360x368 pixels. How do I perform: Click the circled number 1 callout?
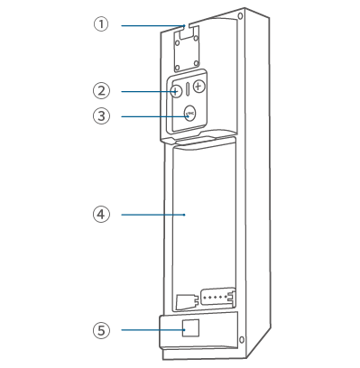(101, 24)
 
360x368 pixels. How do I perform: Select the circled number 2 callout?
(101, 90)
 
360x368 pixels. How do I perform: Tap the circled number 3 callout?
(101, 116)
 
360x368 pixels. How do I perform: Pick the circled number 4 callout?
(101, 215)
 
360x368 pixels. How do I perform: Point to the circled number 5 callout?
(101, 330)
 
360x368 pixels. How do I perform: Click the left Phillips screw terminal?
(176, 91)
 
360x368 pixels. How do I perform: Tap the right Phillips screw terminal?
(198, 87)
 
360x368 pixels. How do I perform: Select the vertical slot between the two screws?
(188, 89)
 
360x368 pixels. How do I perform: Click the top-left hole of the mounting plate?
(178, 42)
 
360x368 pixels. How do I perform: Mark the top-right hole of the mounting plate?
(196, 38)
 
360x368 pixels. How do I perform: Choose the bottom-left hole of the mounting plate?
(178, 68)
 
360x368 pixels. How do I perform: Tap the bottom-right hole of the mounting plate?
(196, 63)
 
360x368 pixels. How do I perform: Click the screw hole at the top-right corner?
(240, 15)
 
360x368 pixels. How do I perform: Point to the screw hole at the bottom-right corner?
(242, 340)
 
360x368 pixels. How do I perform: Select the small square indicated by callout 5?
(190, 328)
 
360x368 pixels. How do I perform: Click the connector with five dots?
(218, 297)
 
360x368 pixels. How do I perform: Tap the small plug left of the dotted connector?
(186, 301)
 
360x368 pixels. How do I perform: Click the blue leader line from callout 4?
(153, 215)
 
